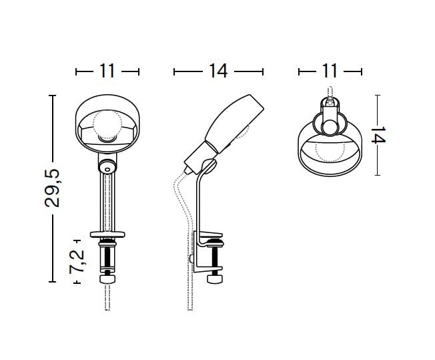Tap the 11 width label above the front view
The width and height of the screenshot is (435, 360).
(x=107, y=71)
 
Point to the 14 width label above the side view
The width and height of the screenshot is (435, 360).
(x=218, y=71)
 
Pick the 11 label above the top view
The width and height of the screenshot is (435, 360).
(x=330, y=71)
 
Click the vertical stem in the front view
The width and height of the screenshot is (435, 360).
(x=107, y=200)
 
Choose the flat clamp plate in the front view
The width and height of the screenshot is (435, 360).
(x=107, y=234)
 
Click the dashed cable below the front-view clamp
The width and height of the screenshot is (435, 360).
(x=107, y=298)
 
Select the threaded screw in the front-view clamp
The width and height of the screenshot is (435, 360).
(x=107, y=257)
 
